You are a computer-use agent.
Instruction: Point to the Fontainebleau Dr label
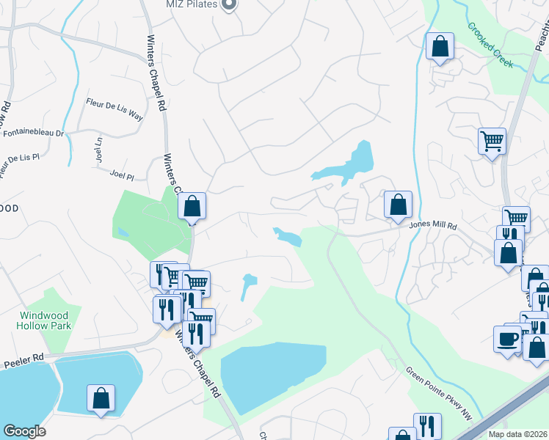[x=34, y=133]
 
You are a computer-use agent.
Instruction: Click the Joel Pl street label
[x=121, y=177]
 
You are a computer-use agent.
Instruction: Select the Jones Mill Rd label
[x=433, y=227]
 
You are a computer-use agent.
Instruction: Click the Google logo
[x=24, y=431]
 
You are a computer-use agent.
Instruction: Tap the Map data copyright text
[x=517, y=434]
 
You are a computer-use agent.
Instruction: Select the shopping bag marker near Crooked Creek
[x=440, y=46]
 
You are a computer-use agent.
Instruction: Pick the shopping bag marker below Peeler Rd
[x=101, y=398]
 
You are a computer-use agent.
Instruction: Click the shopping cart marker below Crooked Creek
[x=492, y=140]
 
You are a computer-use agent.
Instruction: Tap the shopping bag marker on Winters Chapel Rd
[x=192, y=207]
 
